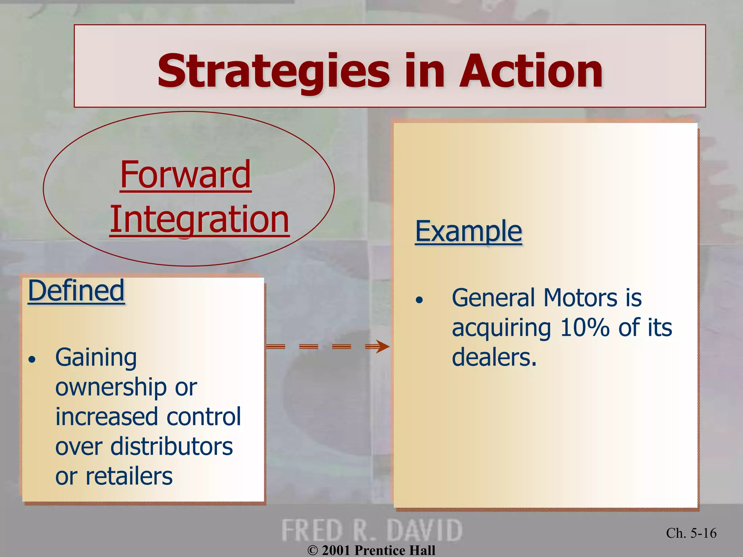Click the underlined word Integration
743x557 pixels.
(200, 219)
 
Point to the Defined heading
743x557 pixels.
(76, 291)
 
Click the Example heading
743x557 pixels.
(468, 231)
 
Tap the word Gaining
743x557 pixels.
(96, 358)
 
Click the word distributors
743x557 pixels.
(172, 446)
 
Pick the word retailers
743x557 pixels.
(129, 476)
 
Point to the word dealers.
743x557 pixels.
(494, 358)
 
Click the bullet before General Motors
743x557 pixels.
(419, 300)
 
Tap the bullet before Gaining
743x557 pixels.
(33, 360)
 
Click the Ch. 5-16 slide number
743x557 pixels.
(691, 533)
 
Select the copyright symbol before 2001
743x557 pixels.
(313, 550)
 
